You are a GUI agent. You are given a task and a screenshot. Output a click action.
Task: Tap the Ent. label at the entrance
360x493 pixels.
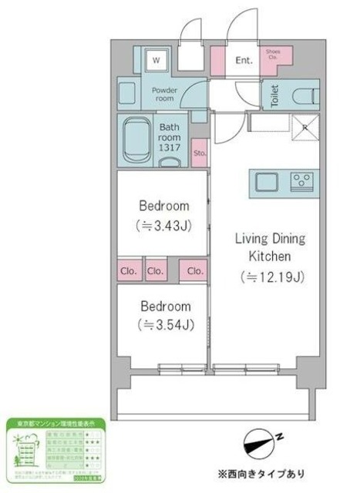(244, 60)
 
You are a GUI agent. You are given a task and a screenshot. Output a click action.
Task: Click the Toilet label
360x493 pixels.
(273, 96)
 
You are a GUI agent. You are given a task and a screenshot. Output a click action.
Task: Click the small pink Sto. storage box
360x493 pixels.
(199, 153)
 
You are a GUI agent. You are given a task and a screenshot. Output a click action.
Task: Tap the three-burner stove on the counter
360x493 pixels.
(300, 183)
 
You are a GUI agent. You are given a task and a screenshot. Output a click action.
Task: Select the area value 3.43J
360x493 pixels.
(163, 226)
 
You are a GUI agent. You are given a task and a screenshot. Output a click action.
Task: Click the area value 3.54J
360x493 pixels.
(164, 324)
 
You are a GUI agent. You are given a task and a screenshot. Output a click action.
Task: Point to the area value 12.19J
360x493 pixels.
(267, 275)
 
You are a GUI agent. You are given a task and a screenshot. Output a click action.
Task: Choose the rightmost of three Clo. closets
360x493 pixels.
(194, 271)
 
